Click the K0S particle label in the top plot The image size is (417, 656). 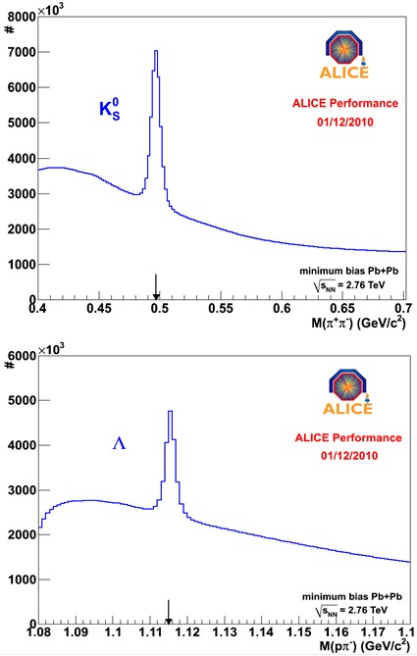pyautogui.click(x=110, y=110)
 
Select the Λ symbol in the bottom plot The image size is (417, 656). pyautogui.click(x=120, y=443)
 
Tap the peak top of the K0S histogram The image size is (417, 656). pyautogui.click(x=156, y=51)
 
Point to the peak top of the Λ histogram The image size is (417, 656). pyautogui.click(x=170, y=411)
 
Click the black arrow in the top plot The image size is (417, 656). pyautogui.click(x=156, y=286)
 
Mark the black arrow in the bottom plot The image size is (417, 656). pyautogui.click(x=169, y=612)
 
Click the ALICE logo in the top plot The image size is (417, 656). pyautogui.click(x=344, y=54)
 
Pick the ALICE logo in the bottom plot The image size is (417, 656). pyautogui.click(x=347, y=391)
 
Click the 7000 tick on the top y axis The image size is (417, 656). pyautogui.click(x=23, y=52)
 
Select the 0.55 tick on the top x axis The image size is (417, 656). pyautogui.click(x=221, y=308)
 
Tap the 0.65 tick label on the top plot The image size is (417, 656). pyautogui.click(x=342, y=308)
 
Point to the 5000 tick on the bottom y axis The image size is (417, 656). pyautogui.click(x=23, y=400)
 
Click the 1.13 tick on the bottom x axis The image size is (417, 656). pyautogui.click(x=226, y=631)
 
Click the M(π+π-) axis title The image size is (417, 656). pyautogui.click(x=358, y=323)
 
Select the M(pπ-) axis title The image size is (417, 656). pyautogui.click(x=365, y=646)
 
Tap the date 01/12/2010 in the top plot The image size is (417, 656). pyautogui.click(x=345, y=123)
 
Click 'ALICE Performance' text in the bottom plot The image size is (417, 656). pyautogui.click(x=348, y=437)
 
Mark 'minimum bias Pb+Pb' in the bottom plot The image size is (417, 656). pyautogui.click(x=352, y=596)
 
